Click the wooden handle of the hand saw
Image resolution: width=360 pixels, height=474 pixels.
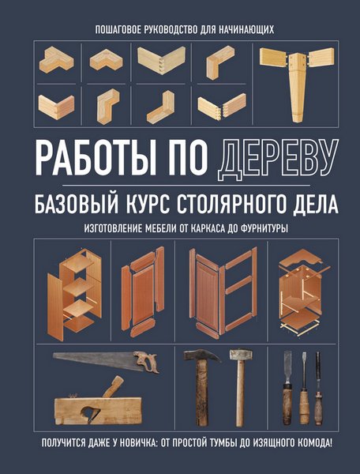click(147, 363)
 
